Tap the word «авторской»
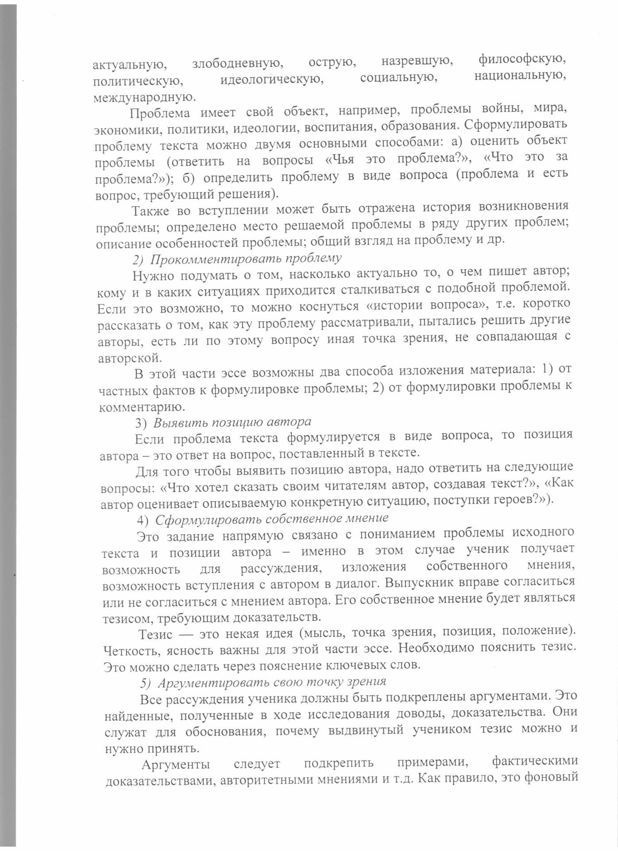pos(128,357)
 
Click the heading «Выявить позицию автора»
pos(232,422)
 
